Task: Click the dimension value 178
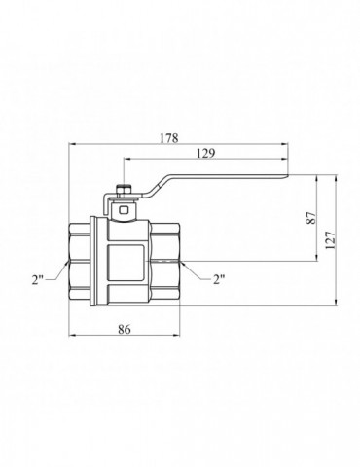(169, 138)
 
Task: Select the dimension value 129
(206, 153)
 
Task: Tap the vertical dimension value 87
(311, 218)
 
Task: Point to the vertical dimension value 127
(330, 240)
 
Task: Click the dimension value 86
(125, 330)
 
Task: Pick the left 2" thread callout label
(38, 279)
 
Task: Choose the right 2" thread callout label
(219, 279)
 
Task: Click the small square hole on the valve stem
(124, 210)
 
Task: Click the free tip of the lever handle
(288, 176)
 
